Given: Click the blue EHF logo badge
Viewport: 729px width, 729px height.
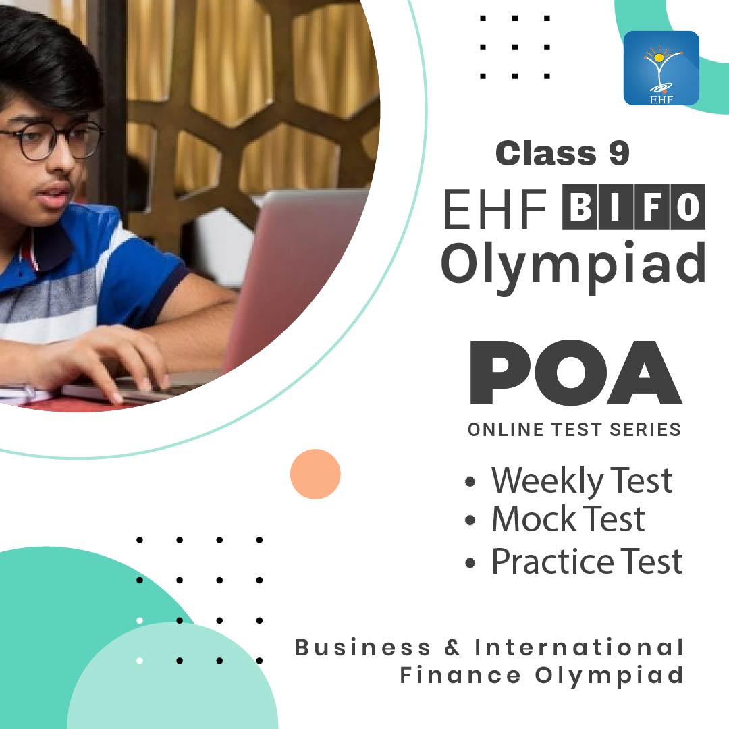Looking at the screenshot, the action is click(661, 68).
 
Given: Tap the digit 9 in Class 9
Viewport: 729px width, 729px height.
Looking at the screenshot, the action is click(619, 153).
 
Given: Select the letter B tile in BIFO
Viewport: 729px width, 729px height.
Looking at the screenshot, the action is click(580, 207).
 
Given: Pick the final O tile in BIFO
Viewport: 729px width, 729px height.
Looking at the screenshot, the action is click(688, 207).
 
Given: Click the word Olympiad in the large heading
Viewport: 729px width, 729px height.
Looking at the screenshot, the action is click(573, 266).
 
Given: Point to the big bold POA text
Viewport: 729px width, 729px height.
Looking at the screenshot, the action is click(576, 373).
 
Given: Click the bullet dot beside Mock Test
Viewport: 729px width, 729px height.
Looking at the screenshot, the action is click(470, 520).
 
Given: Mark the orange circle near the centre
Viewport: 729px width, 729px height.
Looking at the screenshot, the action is click(315, 475).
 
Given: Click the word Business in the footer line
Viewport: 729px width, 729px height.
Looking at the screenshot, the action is click(362, 647).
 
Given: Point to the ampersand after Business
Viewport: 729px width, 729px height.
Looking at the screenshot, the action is click(452, 647).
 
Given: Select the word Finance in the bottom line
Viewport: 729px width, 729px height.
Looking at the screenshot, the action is click(460, 675).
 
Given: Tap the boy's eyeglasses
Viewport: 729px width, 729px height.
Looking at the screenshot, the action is click(51, 140).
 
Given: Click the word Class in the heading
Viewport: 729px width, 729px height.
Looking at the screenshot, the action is click(546, 153).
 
